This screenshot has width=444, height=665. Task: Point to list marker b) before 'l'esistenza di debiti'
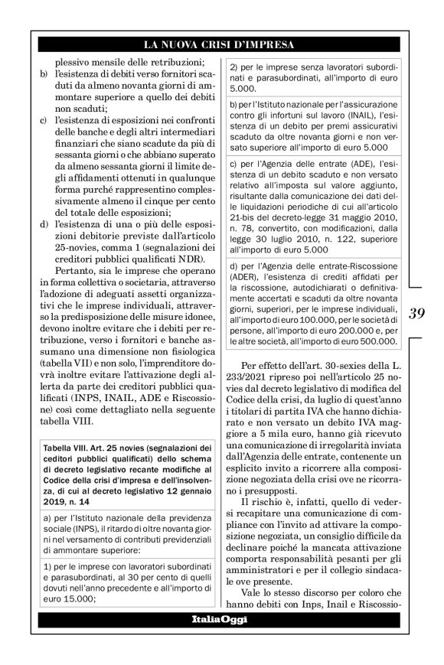pos(43,73)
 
